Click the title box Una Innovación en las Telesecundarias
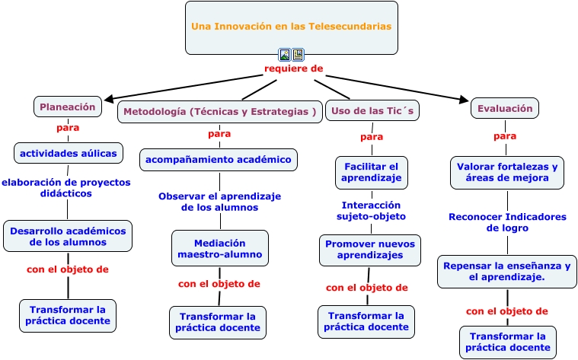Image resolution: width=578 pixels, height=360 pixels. click(291, 27)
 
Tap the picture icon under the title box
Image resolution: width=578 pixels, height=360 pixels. click(284, 55)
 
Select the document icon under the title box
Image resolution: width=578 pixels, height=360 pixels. click(298, 55)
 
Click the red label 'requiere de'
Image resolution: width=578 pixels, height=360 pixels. click(293, 68)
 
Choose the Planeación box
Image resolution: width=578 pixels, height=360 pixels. click(68, 107)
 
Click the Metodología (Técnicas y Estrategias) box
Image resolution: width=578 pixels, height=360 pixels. click(219, 112)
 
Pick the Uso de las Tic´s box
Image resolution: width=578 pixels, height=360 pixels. click(372, 110)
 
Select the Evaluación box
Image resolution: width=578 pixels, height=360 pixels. click(505, 108)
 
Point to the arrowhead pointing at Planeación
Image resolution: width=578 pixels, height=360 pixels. click(109, 99)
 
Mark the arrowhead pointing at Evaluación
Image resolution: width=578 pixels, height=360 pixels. click(464, 99)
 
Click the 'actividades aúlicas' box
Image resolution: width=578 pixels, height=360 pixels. click(69, 153)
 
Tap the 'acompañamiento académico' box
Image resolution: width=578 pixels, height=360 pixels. click(219, 160)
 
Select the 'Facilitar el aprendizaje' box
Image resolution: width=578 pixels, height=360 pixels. click(371, 173)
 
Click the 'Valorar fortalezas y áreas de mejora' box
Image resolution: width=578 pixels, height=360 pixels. click(507, 173)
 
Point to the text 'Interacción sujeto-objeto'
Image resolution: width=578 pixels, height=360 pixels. click(371, 211)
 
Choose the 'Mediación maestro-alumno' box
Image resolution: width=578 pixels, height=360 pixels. click(219, 248)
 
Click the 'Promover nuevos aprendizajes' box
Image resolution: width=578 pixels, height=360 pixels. click(370, 250)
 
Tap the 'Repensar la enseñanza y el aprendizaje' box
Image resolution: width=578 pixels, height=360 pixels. click(507, 272)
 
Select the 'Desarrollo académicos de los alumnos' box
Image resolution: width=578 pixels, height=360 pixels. click(68, 236)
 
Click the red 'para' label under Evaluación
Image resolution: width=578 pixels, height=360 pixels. click(505, 136)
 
